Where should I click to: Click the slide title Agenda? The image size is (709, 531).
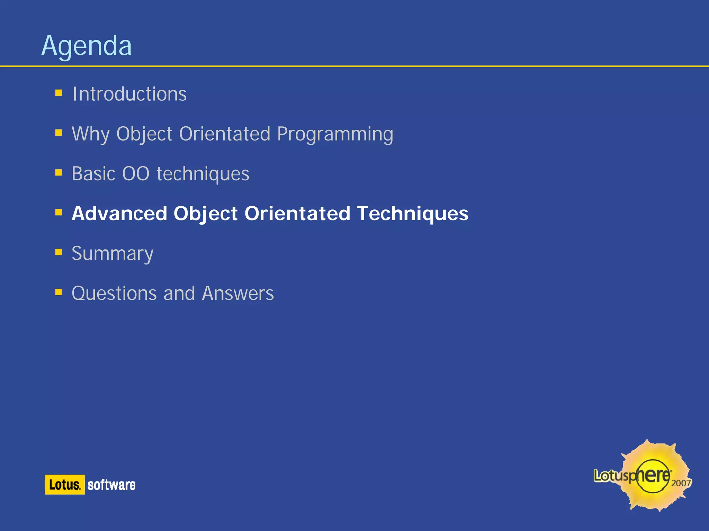(x=87, y=46)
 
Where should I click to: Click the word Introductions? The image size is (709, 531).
(x=129, y=94)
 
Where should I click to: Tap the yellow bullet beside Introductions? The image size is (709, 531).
(x=59, y=93)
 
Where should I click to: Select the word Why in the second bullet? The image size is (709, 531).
(x=90, y=134)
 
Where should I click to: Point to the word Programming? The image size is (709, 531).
(x=335, y=134)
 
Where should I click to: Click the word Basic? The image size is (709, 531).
(x=93, y=174)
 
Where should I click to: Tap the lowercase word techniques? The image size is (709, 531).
(x=203, y=174)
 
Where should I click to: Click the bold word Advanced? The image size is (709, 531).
(x=119, y=214)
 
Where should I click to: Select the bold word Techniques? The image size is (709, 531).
(x=413, y=214)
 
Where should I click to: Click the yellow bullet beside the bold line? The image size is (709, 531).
(x=59, y=212)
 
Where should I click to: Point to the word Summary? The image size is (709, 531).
(x=113, y=254)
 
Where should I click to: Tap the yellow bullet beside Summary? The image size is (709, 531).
(x=59, y=252)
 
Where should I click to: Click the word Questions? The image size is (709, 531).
(x=114, y=294)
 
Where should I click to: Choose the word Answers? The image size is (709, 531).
(x=238, y=294)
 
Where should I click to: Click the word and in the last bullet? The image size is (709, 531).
(x=179, y=294)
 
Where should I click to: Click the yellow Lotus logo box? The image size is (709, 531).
(x=65, y=485)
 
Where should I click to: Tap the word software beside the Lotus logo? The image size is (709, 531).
(x=111, y=485)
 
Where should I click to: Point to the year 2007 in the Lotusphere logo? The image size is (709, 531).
(x=681, y=483)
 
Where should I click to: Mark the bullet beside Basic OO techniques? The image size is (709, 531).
(x=59, y=172)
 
